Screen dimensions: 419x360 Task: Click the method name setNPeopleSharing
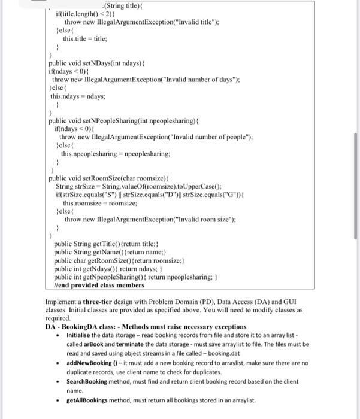113,120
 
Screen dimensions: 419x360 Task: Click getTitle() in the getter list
105,244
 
